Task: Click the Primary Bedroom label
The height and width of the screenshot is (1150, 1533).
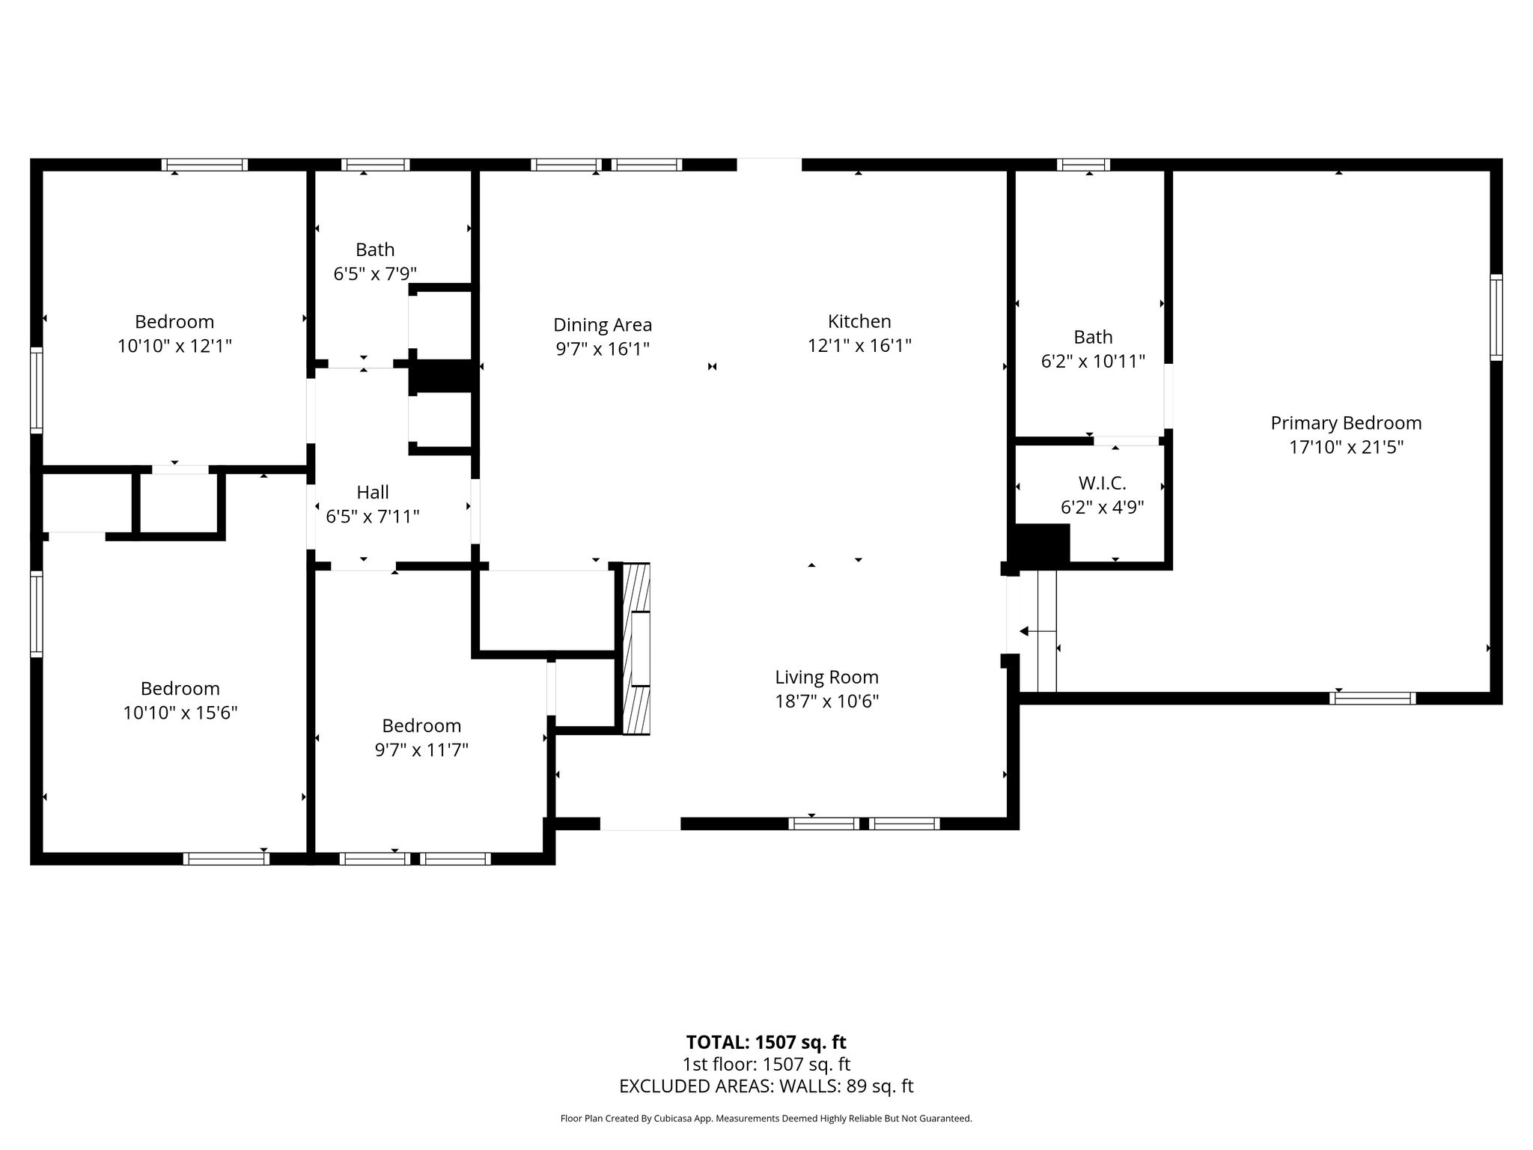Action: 1346,423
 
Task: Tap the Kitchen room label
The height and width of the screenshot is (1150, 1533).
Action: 859,321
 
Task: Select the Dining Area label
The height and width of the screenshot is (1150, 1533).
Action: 603,325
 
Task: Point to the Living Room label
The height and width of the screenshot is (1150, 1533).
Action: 826,678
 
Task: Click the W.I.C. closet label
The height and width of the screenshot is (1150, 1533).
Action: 1102,483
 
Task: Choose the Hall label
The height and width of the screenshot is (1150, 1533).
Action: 373,492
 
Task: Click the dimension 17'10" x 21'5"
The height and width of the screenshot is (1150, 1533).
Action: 1346,447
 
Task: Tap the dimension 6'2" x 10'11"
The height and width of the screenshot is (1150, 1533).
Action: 1093,362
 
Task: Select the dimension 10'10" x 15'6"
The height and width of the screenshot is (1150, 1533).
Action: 180,712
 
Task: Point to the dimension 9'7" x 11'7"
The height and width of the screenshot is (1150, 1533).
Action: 421,749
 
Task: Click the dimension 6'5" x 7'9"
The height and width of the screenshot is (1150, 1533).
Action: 375,273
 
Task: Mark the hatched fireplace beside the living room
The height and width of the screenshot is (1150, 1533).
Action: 636,648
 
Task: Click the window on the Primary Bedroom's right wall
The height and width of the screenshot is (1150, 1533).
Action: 1496,317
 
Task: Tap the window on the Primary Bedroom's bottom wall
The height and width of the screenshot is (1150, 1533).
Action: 1373,698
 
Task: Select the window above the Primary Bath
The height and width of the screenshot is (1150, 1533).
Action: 1083,165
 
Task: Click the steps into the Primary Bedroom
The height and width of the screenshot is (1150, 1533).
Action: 1038,631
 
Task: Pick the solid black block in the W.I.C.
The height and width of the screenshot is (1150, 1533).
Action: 1040,544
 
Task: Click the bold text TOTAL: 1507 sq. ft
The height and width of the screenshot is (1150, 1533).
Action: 766,1042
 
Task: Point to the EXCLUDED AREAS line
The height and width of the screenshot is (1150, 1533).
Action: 766,1086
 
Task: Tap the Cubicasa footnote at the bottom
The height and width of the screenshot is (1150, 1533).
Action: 766,1119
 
